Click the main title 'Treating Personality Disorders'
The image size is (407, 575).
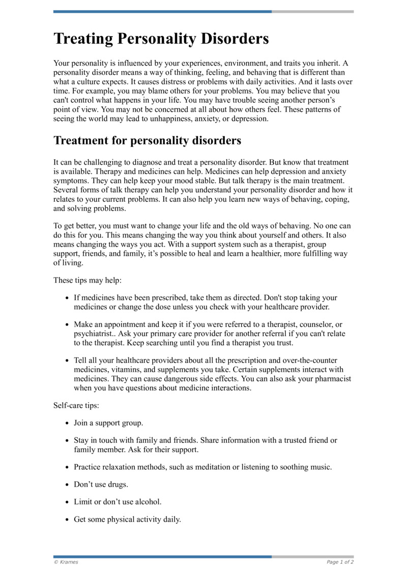pos(161,39)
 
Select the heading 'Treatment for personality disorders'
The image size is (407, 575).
pos(147,140)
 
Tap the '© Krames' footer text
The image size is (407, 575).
pos(66,562)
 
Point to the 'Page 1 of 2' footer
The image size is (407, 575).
pos(340,562)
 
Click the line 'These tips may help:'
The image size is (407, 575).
pos(88,280)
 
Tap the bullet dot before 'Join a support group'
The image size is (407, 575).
pos(68,423)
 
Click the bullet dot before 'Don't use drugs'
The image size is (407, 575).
pos(68,485)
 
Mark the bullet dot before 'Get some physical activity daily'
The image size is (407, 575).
pos(68,520)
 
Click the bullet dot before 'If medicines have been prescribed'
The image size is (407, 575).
pos(68,298)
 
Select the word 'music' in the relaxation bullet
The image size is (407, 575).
pos(320,466)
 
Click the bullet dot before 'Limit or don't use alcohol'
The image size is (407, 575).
pos(68,502)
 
